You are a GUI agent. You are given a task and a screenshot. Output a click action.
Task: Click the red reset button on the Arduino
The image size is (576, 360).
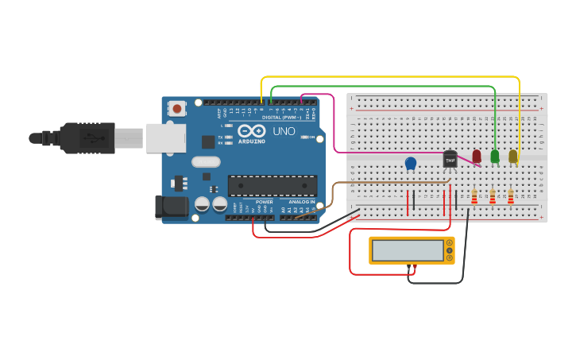176,107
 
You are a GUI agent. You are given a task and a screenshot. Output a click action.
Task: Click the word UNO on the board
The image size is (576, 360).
284,131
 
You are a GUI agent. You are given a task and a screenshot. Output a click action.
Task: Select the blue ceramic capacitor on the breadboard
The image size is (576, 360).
411,163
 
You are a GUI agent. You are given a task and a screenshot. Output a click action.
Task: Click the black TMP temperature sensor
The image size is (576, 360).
450,159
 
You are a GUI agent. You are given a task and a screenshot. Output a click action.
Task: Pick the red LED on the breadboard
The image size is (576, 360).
477,157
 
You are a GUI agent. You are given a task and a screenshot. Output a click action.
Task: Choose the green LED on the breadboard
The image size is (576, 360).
495,157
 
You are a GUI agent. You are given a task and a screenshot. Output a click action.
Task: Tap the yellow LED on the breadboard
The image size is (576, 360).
513,157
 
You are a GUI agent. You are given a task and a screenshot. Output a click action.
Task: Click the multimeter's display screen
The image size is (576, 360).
407,250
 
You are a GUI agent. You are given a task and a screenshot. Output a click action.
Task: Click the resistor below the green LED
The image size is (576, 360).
493,195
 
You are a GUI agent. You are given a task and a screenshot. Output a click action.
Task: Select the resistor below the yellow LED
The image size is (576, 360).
511,195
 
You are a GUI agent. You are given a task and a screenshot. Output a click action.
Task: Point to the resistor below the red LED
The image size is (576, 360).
474,195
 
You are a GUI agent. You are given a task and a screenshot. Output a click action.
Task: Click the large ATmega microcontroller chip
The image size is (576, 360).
273,185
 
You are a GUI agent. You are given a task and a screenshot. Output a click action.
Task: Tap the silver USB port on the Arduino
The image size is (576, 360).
166,137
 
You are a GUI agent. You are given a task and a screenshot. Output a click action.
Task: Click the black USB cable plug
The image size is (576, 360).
87,137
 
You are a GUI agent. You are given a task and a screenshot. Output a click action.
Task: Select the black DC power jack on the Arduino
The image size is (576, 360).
172,207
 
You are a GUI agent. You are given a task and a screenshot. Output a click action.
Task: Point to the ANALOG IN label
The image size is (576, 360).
301,202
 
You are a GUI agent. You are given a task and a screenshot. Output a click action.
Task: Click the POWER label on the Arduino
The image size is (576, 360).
265,202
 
